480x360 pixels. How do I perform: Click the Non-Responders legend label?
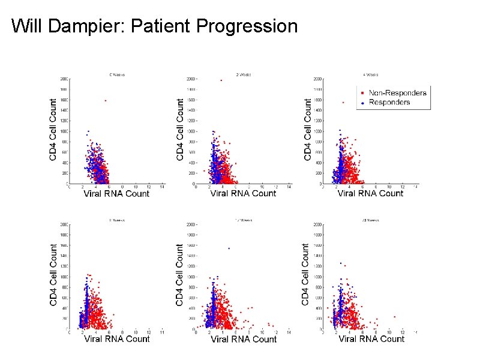click(397, 92)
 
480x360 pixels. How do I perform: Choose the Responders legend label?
click(389, 102)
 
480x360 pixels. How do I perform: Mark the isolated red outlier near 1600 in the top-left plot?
click(106, 101)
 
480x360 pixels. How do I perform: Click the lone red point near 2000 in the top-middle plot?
click(221, 80)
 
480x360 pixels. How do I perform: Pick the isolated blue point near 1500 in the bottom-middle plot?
click(228, 248)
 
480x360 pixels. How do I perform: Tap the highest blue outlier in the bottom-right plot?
click(341, 263)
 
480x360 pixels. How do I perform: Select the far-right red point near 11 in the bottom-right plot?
click(394, 317)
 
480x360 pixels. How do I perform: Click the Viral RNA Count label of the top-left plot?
click(116, 193)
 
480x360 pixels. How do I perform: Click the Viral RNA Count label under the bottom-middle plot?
click(244, 339)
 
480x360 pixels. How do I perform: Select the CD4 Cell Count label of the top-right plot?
click(308, 130)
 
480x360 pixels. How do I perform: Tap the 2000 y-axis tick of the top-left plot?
click(63, 79)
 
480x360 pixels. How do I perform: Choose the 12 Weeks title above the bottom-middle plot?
click(244, 220)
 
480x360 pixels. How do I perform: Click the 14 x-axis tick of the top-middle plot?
click(289, 187)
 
